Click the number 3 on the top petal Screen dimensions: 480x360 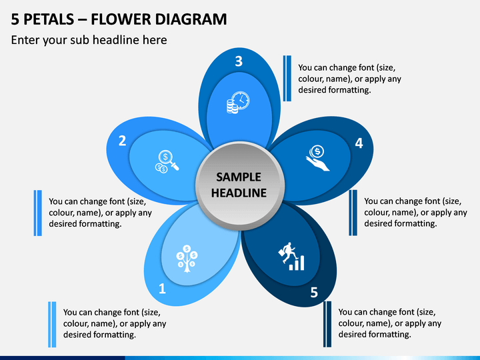point(239,61)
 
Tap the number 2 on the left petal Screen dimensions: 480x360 point(122,141)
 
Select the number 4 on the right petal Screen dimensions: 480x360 point(359,143)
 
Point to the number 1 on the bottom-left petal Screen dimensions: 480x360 point(162,289)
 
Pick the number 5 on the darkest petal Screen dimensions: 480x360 point(314,293)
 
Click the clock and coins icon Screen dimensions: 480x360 point(238,102)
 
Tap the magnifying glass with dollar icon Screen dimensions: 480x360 point(167,161)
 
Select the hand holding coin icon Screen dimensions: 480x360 point(317,158)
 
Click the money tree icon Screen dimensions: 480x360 point(187,259)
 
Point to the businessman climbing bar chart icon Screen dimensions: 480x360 point(291,257)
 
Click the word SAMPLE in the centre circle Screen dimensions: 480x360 point(239,177)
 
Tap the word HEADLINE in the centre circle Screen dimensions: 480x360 point(239,193)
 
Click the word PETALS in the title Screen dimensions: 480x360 point(49,19)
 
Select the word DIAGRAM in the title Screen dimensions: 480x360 point(191,19)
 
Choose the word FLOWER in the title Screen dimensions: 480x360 point(121,19)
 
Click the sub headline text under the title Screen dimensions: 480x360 point(89,40)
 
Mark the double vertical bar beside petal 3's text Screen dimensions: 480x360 point(287,79)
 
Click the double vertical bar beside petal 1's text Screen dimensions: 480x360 point(52,325)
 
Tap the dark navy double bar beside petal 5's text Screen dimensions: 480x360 point(327,324)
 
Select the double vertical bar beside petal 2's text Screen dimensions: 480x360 point(37,213)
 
